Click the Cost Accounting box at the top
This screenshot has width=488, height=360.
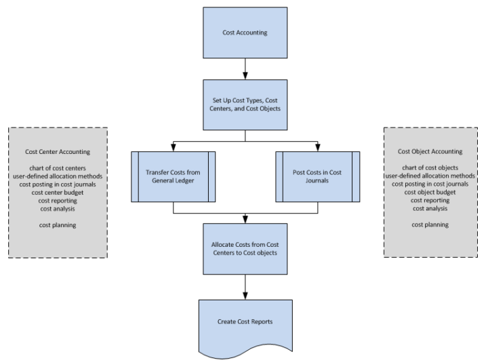[244, 32]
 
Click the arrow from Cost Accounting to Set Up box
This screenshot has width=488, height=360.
[244, 68]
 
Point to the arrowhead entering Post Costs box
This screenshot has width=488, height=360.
[317, 148]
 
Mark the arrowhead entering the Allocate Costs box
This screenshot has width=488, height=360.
[244, 220]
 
